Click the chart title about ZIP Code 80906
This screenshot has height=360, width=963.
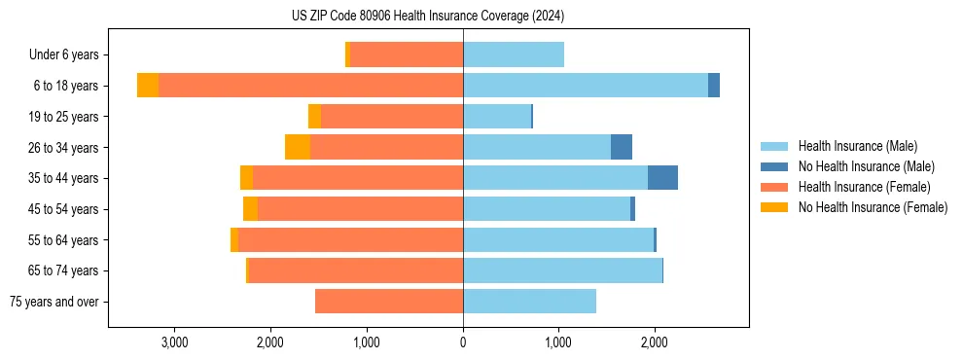(x=428, y=17)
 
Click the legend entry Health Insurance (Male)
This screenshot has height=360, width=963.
(x=857, y=146)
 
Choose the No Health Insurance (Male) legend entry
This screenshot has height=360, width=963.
(x=866, y=166)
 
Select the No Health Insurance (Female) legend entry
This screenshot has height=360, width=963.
(x=873, y=207)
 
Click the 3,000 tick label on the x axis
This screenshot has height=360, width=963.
(x=174, y=342)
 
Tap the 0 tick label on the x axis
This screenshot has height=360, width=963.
(x=463, y=342)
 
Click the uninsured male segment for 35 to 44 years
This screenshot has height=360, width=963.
(x=662, y=178)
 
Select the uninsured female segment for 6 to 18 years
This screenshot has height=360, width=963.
(x=148, y=86)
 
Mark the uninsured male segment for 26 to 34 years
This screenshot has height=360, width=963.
(x=622, y=147)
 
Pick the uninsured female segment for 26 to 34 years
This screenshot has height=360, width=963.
(x=298, y=147)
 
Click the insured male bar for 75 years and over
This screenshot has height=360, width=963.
(x=529, y=302)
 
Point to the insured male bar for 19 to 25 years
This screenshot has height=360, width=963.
(x=497, y=117)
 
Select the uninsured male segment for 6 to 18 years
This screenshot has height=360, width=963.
(x=714, y=86)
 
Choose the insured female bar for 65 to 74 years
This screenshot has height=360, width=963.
(x=355, y=270)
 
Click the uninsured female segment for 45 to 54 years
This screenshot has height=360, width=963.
(x=250, y=209)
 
